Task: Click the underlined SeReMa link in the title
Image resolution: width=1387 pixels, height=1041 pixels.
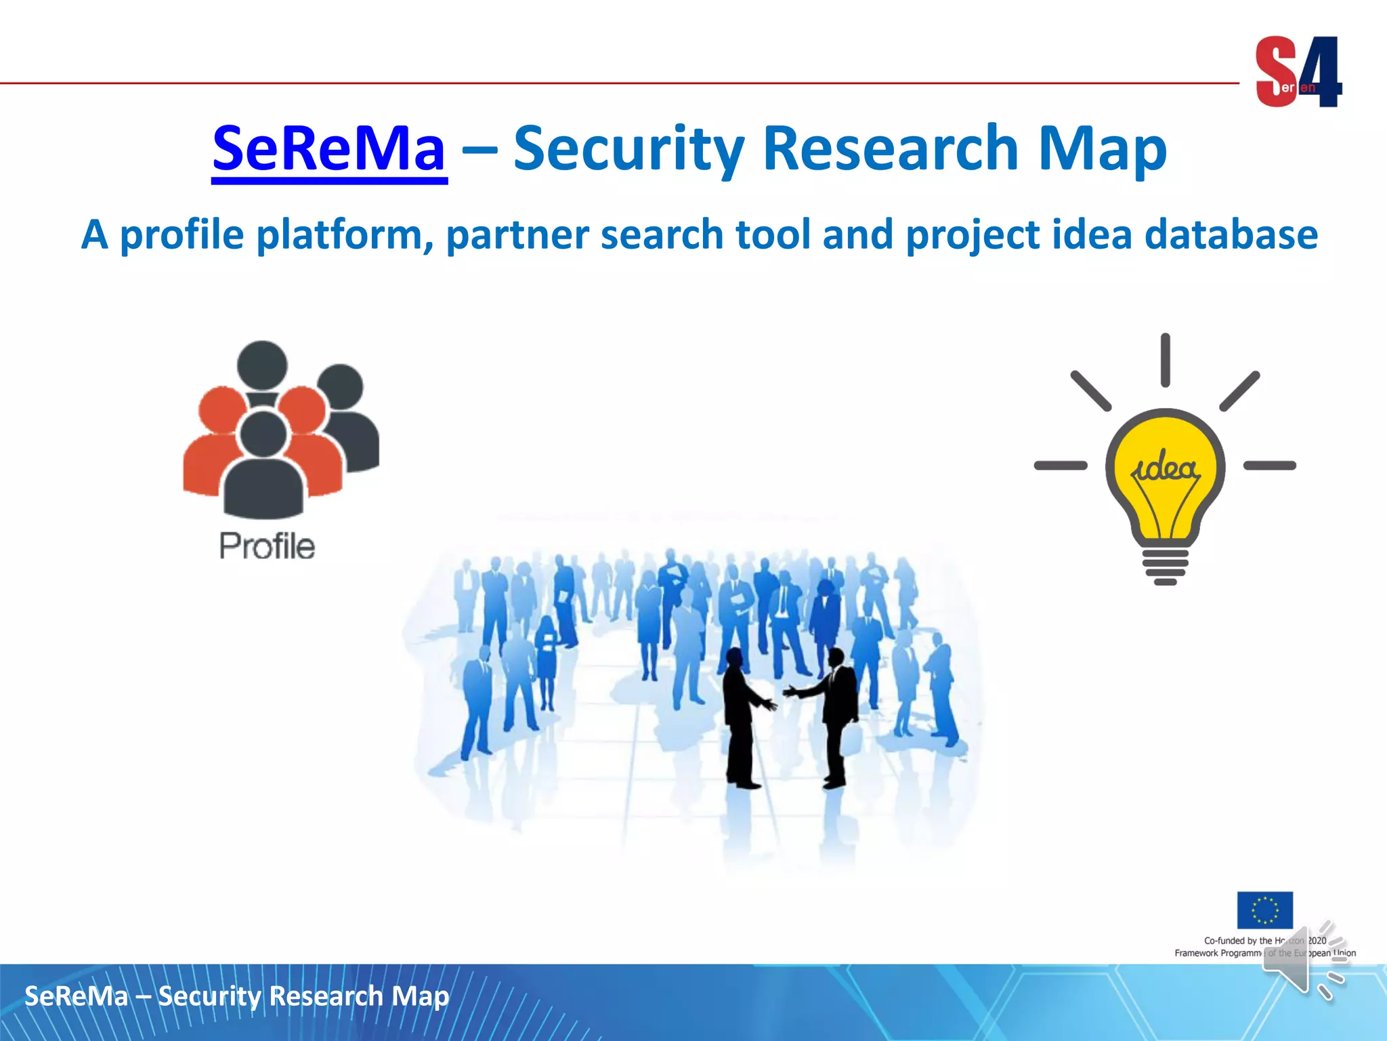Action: point(329,149)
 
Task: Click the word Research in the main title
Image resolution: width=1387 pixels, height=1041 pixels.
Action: point(891,149)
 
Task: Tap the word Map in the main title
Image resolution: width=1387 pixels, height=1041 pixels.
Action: point(1102,149)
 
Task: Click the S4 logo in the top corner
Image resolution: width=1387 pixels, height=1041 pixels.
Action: point(1298,72)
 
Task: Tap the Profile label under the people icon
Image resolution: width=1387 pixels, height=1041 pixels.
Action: point(267,546)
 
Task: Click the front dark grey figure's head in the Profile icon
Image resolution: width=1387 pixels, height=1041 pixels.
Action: point(263,434)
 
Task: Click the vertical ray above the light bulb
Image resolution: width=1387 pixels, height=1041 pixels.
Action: point(1165,360)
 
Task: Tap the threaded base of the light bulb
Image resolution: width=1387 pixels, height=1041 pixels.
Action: point(1165,567)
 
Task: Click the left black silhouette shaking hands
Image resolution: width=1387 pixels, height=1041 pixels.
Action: point(741,718)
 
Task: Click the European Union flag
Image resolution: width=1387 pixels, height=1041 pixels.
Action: point(1264,910)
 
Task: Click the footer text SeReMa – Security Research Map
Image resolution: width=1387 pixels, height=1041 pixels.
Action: point(237,996)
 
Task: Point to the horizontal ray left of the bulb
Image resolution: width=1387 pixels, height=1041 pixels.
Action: point(1061,466)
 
